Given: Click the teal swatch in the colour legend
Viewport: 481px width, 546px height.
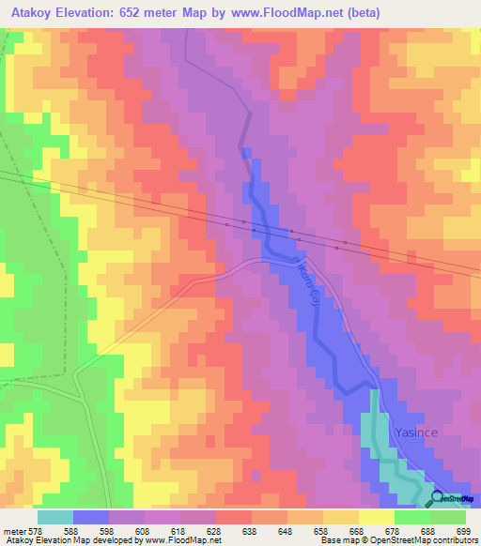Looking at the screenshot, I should click(55, 517).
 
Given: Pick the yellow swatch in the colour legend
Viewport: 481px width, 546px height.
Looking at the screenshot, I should click(376, 517).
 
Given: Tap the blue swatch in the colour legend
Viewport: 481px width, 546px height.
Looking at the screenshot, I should click(91, 517).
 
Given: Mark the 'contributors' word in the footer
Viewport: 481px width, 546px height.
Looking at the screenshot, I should click(453, 540).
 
